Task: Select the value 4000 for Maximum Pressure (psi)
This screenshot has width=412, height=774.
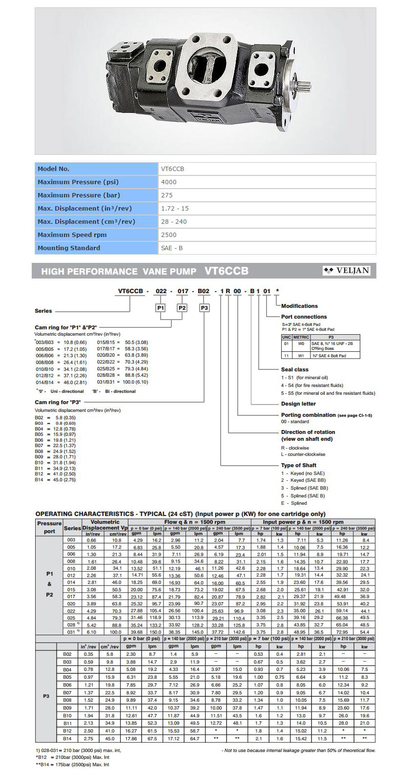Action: coord(169,182)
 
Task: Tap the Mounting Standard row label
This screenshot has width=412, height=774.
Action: coord(69,248)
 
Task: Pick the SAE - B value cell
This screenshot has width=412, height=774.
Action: coord(172,248)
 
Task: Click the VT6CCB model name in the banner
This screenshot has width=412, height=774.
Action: coord(227,271)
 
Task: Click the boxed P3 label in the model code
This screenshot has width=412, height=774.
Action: coord(205,308)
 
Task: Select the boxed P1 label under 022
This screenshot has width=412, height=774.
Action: coord(161,308)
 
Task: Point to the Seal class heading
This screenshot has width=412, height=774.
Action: coord(294,370)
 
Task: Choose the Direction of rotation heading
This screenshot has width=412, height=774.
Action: coord(308,432)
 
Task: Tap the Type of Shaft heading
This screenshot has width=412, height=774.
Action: coord(299,465)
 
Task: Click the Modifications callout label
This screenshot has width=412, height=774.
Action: coord(299,306)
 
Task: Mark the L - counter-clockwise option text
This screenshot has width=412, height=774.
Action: coord(303,454)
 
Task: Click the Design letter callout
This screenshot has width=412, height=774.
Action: coord(298,404)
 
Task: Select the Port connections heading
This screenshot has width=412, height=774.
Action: coord(304,317)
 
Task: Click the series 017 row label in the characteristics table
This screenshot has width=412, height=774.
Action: coord(71,597)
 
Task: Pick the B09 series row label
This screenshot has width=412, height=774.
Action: coord(67,708)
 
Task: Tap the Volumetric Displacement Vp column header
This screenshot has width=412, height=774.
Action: coord(105,525)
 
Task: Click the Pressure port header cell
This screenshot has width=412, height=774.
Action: coord(49,527)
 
